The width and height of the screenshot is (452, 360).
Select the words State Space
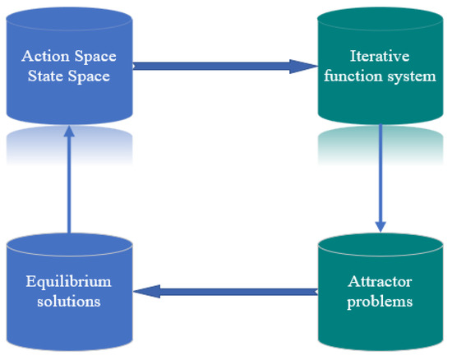(x=69, y=76)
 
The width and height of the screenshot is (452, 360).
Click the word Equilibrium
(x=69, y=282)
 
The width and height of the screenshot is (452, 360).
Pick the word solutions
(x=69, y=301)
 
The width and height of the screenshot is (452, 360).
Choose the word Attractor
(x=380, y=282)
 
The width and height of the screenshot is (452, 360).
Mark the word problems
(x=380, y=301)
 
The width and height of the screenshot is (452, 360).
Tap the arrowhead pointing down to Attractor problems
(x=381, y=224)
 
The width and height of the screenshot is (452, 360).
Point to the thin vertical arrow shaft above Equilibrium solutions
(x=69, y=189)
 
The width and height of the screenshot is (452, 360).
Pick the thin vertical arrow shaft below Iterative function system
(x=381, y=173)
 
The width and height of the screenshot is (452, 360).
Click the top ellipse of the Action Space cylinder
(x=69, y=20)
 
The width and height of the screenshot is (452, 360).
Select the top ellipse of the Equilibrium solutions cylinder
(x=69, y=244)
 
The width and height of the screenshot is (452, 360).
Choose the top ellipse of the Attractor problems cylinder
(x=381, y=244)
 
